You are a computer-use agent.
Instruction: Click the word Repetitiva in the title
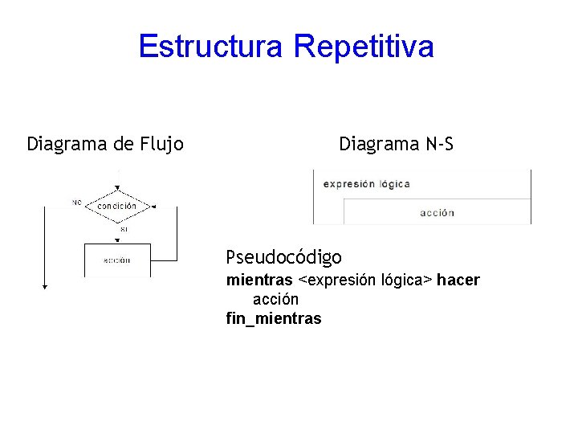coord(364,47)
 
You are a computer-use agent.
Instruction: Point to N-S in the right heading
coord(438,145)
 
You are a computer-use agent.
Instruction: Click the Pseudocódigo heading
coord(283,258)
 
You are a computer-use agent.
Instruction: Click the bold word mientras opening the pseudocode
coord(259,280)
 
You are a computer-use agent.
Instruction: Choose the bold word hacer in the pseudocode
coord(458,280)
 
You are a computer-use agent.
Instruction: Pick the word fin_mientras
coord(274,319)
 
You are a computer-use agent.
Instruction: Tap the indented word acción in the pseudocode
coord(275,299)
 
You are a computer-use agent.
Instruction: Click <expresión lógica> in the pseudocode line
coord(365,280)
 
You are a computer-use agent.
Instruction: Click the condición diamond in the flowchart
coord(117,206)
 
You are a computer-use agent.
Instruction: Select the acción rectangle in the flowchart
coord(117,260)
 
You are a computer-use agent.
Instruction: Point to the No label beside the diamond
coord(77,202)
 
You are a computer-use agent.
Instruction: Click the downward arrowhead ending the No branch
coord(45,285)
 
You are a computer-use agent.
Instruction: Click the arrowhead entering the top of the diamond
coord(117,189)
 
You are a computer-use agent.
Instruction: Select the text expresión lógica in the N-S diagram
coord(366,184)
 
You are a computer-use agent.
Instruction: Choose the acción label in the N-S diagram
coord(437,213)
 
